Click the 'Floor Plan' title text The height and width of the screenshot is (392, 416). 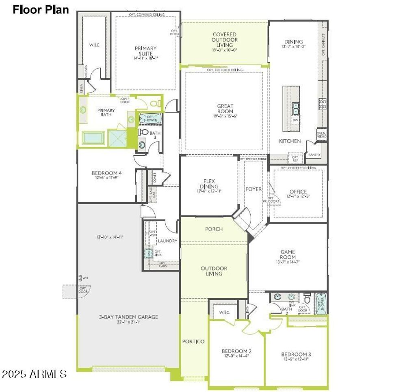tap(41, 9)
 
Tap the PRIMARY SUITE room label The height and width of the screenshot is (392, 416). tap(145, 51)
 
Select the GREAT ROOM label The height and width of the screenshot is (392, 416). tap(225, 109)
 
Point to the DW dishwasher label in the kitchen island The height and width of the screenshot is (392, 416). tap(295, 121)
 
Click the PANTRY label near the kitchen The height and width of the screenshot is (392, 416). tap(314, 155)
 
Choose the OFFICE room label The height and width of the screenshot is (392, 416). tap(298, 192)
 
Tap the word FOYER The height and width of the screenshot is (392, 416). tap(253, 189)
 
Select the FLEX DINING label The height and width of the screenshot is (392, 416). tap(209, 184)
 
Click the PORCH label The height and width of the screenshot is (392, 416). tap(214, 229)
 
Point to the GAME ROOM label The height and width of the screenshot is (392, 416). tap(288, 254)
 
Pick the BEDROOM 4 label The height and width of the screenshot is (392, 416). tap(107, 173)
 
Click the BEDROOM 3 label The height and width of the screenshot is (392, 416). tap(296, 355)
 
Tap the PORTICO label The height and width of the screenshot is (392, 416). tap(193, 342)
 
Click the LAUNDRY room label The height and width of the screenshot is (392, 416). tap(167, 241)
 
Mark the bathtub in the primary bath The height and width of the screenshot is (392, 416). tap(94, 138)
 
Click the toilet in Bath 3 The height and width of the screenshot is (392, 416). tap(143, 132)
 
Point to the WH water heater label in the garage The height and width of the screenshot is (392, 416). tap(85, 278)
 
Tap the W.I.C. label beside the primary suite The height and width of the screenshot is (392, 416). tap(94, 45)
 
